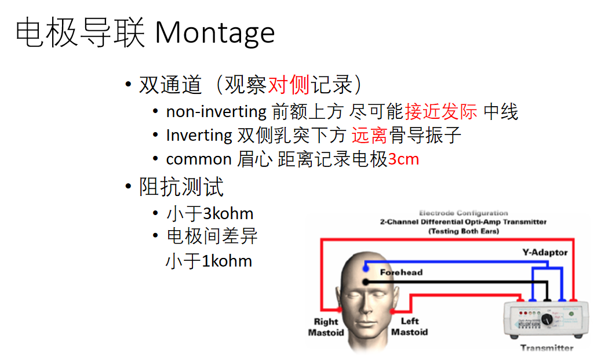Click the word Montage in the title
point(214,33)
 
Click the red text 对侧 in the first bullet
point(289,85)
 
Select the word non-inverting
point(216,111)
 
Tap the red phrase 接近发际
point(441,111)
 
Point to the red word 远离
point(369,136)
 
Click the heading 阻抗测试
point(181,187)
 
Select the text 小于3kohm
point(210,213)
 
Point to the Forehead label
point(401,272)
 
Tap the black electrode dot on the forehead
point(365,282)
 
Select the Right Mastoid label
point(326,327)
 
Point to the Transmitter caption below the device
point(547,348)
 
